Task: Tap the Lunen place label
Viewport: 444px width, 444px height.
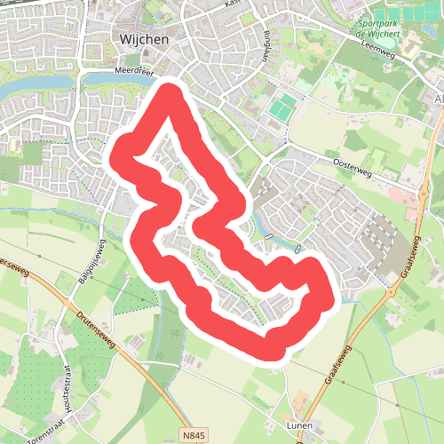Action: pyautogui.click(x=300, y=427)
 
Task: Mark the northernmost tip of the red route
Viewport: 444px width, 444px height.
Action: pyautogui.click(x=171, y=91)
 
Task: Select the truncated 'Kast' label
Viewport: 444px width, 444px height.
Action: pyautogui.click(x=234, y=4)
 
